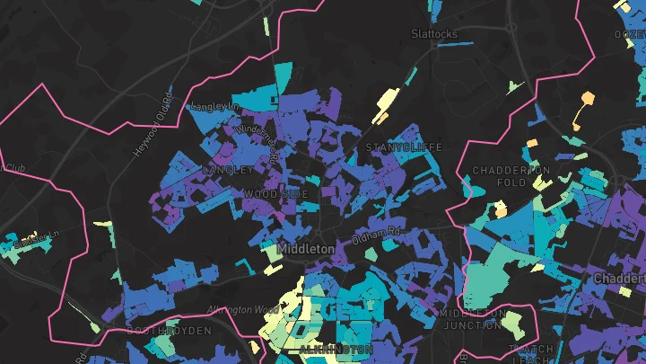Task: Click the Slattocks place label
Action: pos(434,34)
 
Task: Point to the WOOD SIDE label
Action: pos(276,194)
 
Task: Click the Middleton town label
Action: pos(307,248)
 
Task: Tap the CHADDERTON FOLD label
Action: pos(511,176)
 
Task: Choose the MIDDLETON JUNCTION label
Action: pos(471,319)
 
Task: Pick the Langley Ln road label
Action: pos(213,106)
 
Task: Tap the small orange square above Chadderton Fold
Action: pos(531,143)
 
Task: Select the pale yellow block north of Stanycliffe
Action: pos(387,104)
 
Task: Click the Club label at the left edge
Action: pos(14,167)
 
